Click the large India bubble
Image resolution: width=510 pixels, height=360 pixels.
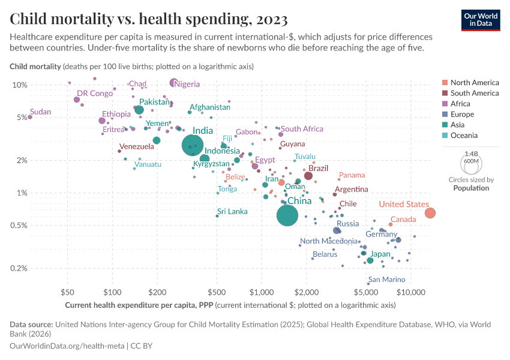click(198, 145)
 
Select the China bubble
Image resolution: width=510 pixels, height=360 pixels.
click(287, 215)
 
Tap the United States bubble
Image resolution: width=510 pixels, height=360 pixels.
click(430, 213)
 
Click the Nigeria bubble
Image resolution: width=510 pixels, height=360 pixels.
click(174, 83)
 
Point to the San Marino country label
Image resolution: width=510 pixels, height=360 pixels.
click(386, 280)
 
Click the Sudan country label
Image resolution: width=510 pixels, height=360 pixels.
click(41, 112)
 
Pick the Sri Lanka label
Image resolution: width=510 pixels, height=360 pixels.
click(232, 211)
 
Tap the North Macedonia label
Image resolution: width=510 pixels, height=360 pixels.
click(328, 241)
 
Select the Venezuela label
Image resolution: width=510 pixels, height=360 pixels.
click(136, 146)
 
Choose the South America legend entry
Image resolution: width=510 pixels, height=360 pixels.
click(474, 93)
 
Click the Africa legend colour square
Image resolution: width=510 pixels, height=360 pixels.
click(444, 104)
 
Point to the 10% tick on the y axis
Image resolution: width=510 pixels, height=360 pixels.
click(20, 85)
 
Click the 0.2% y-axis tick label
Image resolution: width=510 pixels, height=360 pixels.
click(19, 268)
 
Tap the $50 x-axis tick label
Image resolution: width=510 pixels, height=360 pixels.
click(67, 292)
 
